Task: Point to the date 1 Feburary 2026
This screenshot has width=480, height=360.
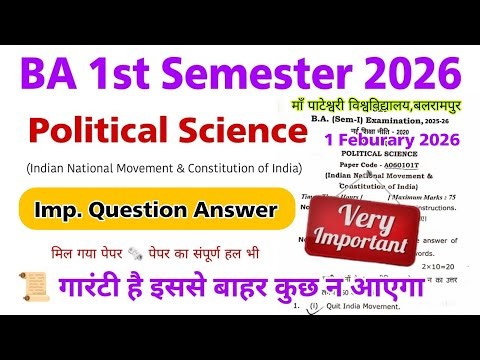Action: coord(404,139)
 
